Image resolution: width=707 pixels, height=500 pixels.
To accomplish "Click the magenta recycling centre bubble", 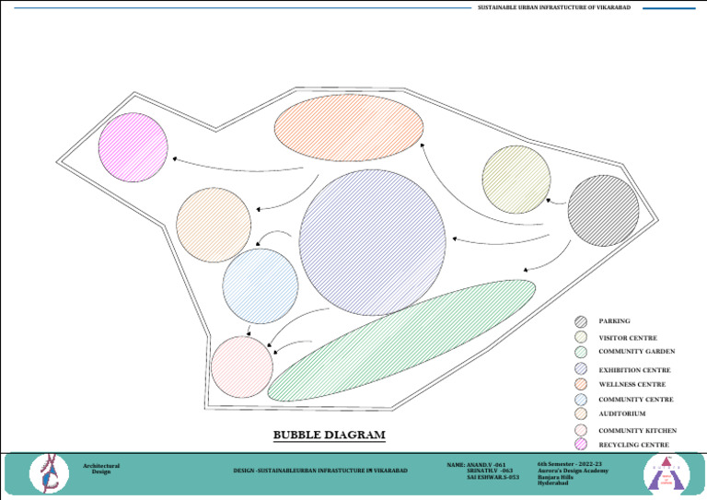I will coord(133,146).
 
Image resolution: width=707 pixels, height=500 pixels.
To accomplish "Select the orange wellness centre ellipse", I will coord(349,128).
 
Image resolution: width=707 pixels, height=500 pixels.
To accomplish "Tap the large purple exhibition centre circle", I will coord(373,243).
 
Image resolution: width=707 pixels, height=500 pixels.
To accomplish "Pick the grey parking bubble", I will coord(603,211).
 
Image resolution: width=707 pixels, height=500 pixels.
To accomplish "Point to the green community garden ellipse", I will coord(401,340).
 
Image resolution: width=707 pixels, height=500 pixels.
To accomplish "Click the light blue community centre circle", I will coord(261,285).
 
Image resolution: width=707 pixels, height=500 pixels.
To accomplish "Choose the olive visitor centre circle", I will coord(516,180).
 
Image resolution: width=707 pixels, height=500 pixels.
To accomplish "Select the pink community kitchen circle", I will coord(242,367).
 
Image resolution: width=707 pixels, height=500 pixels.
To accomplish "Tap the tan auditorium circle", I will coord(214,226).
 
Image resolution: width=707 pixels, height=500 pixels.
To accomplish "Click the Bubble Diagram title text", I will coord(329,435).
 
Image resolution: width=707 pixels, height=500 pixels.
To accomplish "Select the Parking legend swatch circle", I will coord(581,321).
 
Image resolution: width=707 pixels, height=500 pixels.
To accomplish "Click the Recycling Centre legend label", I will coord(633,445).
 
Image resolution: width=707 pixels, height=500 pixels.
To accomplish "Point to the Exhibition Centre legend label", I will coord(634,369).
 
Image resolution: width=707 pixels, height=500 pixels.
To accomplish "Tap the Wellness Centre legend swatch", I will coord(581,384).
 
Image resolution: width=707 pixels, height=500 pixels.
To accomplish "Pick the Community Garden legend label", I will coord(637,352).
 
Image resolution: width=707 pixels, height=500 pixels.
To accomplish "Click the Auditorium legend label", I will coord(623,414).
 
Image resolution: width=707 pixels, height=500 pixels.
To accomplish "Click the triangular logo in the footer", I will coord(666,473).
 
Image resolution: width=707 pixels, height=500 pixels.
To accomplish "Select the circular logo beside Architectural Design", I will coord(49,472).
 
